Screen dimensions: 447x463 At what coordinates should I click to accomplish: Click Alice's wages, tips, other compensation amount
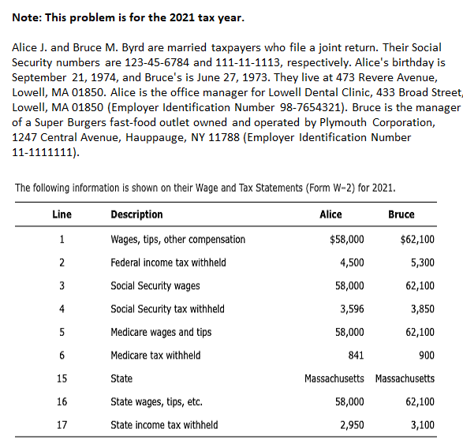[x=346, y=240]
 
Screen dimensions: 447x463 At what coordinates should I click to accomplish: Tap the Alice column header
[x=330, y=214]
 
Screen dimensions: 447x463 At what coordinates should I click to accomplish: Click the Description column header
[x=136, y=214]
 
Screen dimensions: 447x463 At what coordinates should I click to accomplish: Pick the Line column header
[x=62, y=214]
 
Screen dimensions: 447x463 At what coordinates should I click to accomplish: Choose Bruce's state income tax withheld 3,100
[x=423, y=425]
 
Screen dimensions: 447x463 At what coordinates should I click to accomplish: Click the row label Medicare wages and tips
[x=161, y=332]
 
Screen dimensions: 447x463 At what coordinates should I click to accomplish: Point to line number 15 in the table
[x=62, y=378]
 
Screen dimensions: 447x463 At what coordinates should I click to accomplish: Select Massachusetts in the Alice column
[x=334, y=378]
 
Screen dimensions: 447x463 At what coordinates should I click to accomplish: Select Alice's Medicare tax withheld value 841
[x=355, y=356]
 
